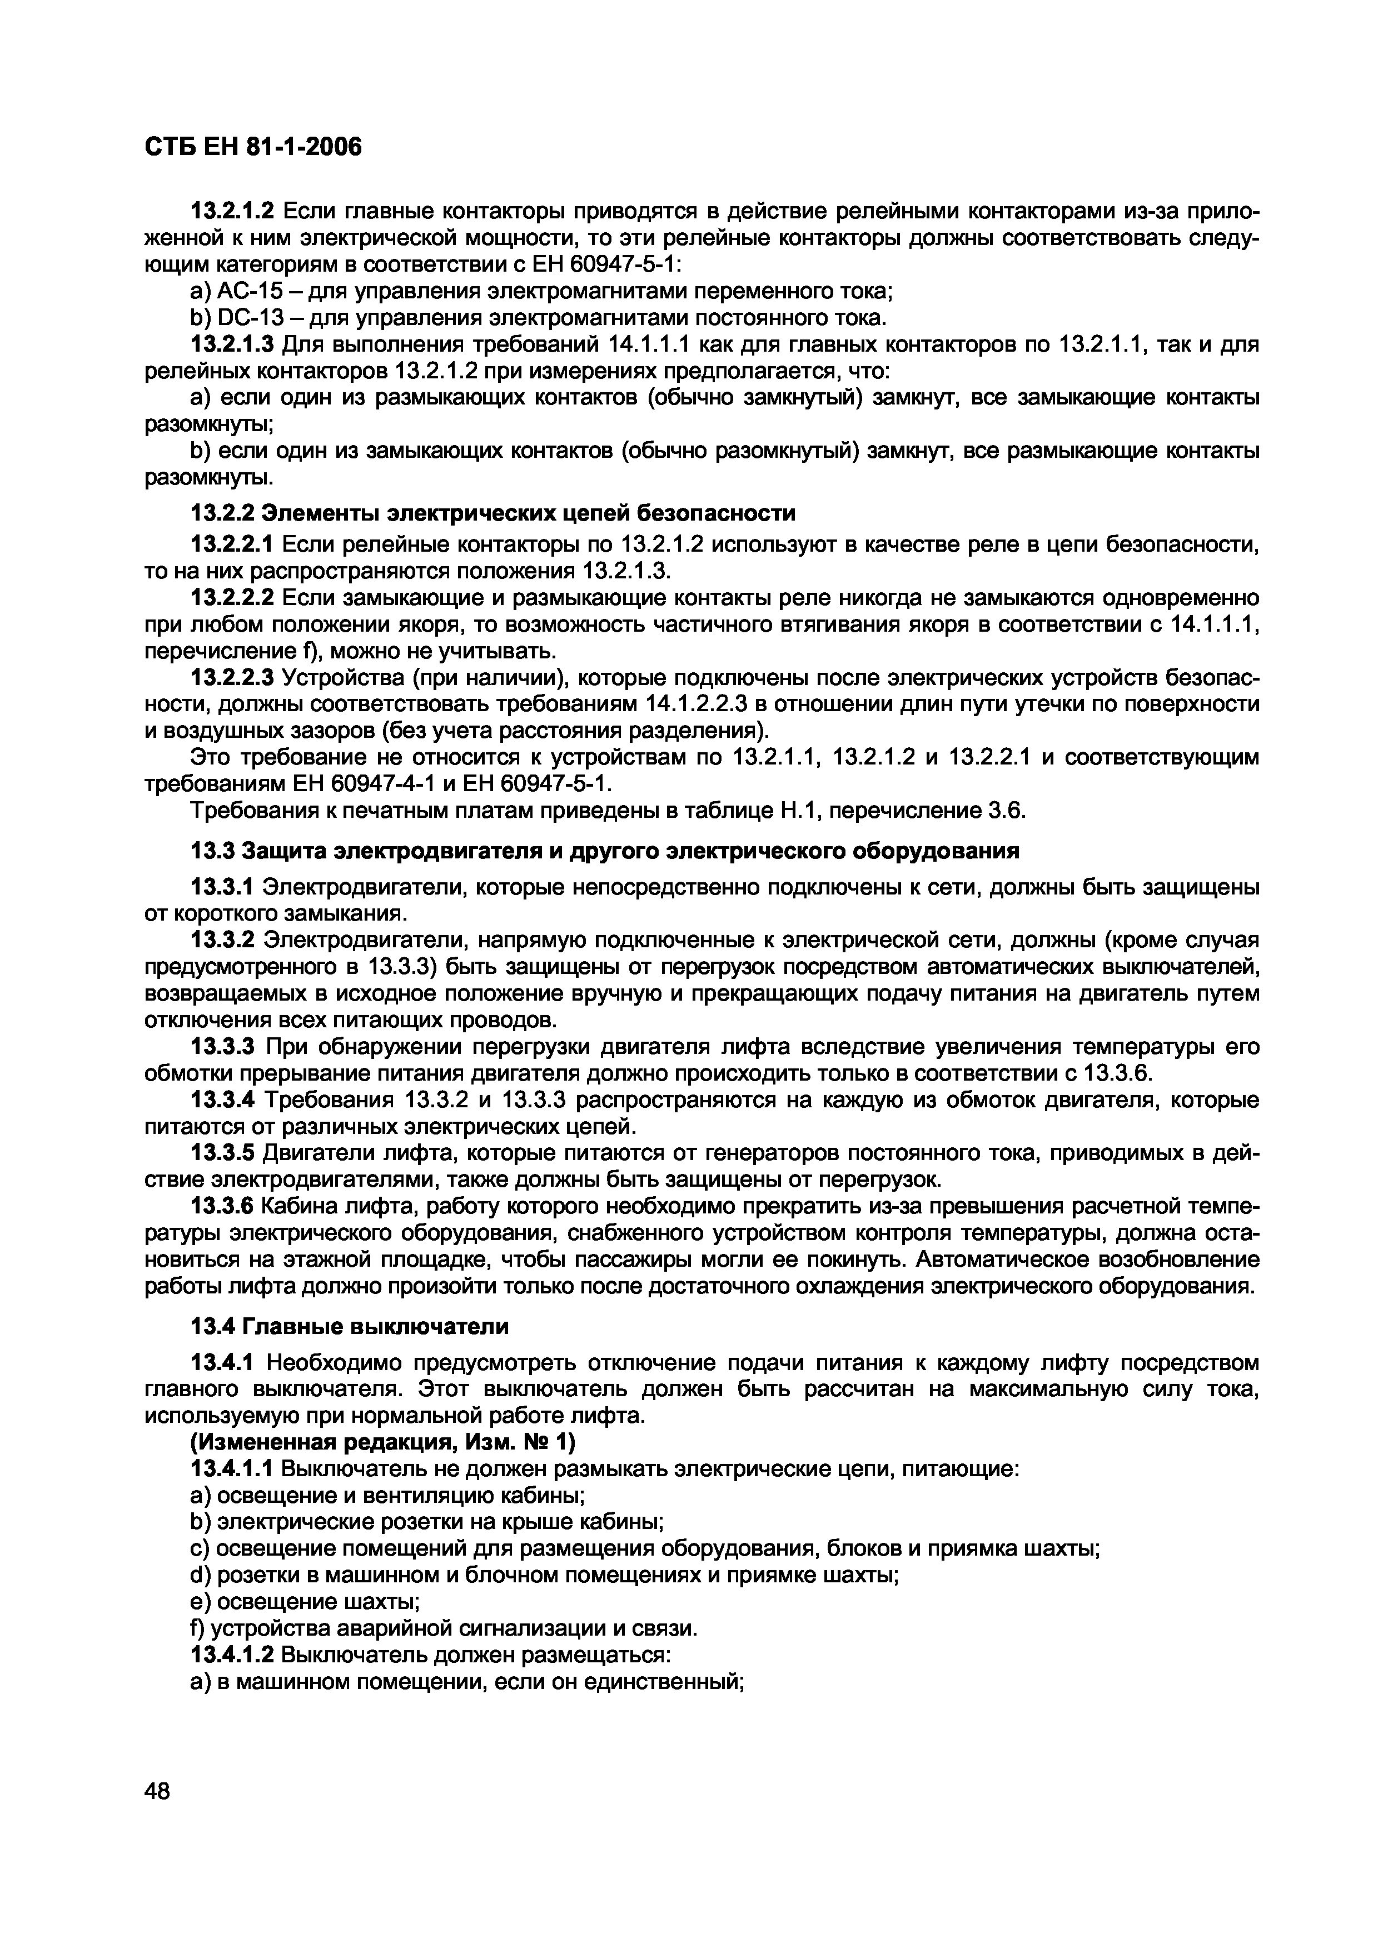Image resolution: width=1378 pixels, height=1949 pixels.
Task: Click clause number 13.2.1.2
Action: coord(233,211)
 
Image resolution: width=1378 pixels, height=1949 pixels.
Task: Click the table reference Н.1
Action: coord(795,812)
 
